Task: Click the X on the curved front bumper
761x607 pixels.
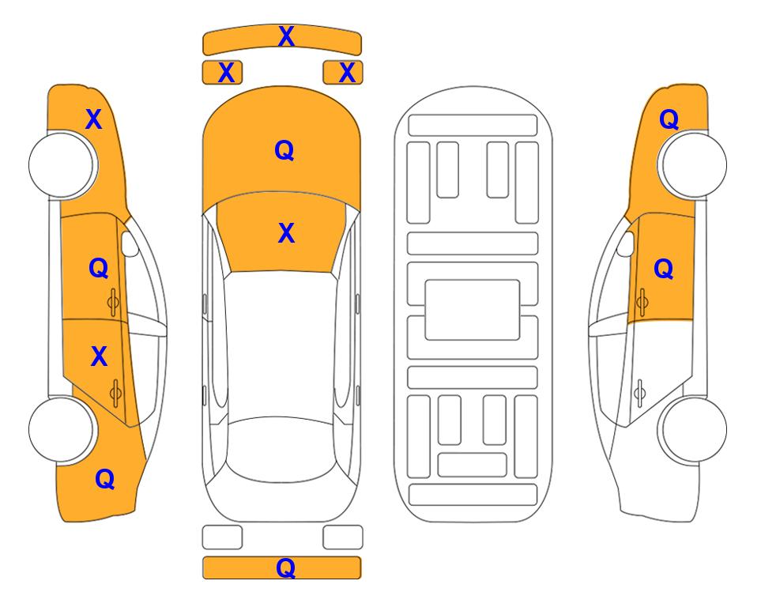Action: pyautogui.click(x=286, y=36)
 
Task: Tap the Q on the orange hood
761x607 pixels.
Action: pyautogui.click(x=284, y=150)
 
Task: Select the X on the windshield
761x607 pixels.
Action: pyautogui.click(x=286, y=233)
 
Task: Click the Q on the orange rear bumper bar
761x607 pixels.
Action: pyautogui.click(x=285, y=567)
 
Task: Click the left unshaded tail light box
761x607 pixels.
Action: pyautogui.click(x=222, y=537)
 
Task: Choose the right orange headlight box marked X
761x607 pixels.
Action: pyautogui.click(x=343, y=73)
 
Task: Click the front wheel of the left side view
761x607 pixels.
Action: pyautogui.click(x=62, y=165)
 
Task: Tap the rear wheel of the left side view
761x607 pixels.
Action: pyautogui.click(x=62, y=429)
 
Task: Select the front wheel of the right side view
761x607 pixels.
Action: pyautogui.click(x=693, y=165)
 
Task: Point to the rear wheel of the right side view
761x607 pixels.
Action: pyautogui.click(x=693, y=429)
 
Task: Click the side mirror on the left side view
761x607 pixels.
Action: pyautogui.click(x=129, y=243)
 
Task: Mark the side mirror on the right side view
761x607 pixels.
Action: pyautogui.click(x=626, y=243)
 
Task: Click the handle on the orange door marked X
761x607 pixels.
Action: pyautogui.click(x=115, y=392)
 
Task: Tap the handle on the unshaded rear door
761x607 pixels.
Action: pyautogui.click(x=640, y=392)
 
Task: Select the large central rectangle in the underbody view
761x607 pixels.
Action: pyautogui.click(x=473, y=310)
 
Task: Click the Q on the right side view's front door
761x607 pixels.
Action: pyautogui.click(x=664, y=269)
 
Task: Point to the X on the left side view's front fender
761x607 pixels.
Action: pyautogui.click(x=94, y=119)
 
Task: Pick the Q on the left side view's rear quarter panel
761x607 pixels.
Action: pyautogui.click(x=105, y=479)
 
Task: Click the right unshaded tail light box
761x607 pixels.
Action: pyautogui.click(x=343, y=537)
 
